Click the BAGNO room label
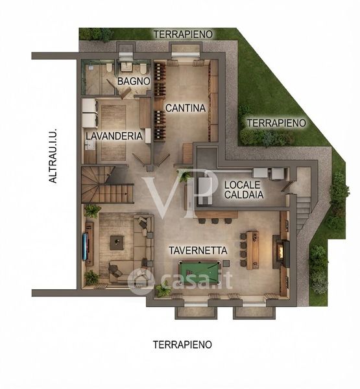(x=134, y=81)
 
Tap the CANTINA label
(x=186, y=108)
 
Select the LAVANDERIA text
(x=114, y=136)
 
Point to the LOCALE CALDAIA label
(x=243, y=190)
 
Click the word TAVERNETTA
(x=198, y=250)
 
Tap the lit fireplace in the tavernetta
(x=281, y=252)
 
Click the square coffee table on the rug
(x=117, y=243)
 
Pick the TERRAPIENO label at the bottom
(x=182, y=345)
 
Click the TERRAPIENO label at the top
(x=183, y=34)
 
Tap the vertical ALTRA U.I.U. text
(x=53, y=156)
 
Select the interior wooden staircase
(x=107, y=185)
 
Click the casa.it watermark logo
(x=180, y=280)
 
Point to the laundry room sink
(x=90, y=145)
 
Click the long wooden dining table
(x=253, y=250)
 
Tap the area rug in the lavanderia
(x=114, y=133)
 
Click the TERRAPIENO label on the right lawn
(x=276, y=123)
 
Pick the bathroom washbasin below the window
(x=126, y=66)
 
